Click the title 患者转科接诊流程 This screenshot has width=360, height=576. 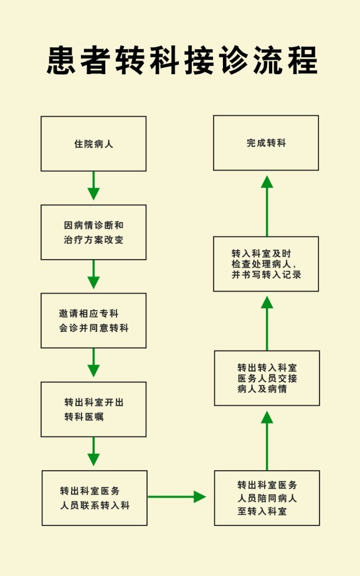point(182,60)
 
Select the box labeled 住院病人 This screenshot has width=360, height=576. point(93,144)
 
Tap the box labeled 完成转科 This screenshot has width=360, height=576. point(266,143)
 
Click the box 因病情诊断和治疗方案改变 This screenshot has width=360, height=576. point(93,232)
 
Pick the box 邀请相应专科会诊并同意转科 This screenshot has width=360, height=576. point(93,321)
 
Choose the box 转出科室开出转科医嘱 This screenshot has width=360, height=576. point(93,409)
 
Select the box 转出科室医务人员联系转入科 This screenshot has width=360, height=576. point(95,498)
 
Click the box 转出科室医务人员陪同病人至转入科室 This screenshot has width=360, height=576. point(267,498)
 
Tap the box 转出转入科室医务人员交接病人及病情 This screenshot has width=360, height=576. point(267,378)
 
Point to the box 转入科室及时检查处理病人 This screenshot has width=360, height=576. point(266,264)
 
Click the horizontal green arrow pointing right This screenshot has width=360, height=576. point(177,497)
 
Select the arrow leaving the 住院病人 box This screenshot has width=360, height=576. point(93,186)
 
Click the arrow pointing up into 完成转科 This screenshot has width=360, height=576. point(267,206)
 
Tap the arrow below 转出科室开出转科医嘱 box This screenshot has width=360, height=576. point(93,451)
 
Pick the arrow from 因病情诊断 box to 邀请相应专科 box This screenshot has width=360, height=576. point(93,274)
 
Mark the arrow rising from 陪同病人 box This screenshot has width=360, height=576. point(267,441)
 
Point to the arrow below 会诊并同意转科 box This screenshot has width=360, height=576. point(93,362)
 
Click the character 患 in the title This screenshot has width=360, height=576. point(61,60)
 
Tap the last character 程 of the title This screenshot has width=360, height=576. point(303,60)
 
